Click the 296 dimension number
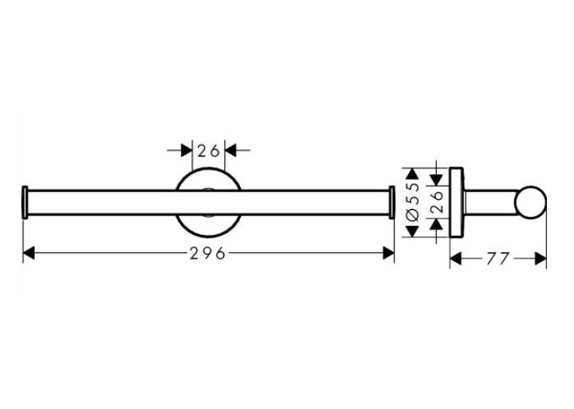(207, 253)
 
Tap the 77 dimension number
(498, 259)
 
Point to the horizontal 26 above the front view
(209, 151)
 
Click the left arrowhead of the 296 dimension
(29, 253)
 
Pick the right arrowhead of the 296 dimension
(389, 253)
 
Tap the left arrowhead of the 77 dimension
(455, 259)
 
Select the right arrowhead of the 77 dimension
(541, 259)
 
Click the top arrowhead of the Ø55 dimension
(413, 174)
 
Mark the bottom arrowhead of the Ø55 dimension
(413, 231)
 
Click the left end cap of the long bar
(25, 203)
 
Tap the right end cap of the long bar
(392, 203)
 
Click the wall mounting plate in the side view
(456, 203)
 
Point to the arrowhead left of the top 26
(187, 150)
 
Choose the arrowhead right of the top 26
(230, 150)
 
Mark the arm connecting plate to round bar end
(490, 203)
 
